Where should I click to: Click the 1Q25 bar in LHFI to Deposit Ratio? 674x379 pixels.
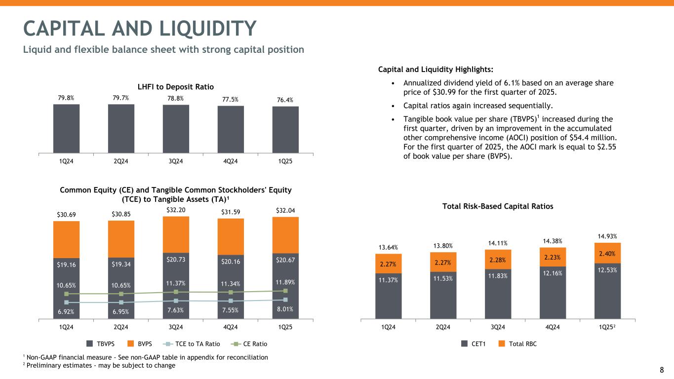point(285,129)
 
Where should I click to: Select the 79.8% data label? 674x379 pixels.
point(66,98)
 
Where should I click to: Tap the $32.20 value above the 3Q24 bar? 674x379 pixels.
point(176,209)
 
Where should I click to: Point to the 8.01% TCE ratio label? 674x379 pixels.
point(285,309)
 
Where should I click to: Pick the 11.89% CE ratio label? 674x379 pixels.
point(285,283)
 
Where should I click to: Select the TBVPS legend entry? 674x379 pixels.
point(101,344)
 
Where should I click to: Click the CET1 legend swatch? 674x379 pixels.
point(465,344)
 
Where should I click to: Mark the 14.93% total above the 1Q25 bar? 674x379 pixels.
point(607,236)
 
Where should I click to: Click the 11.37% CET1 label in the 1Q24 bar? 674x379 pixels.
point(388,280)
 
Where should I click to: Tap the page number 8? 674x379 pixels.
point(662,370)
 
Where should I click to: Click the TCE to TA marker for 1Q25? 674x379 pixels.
point(285,300)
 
